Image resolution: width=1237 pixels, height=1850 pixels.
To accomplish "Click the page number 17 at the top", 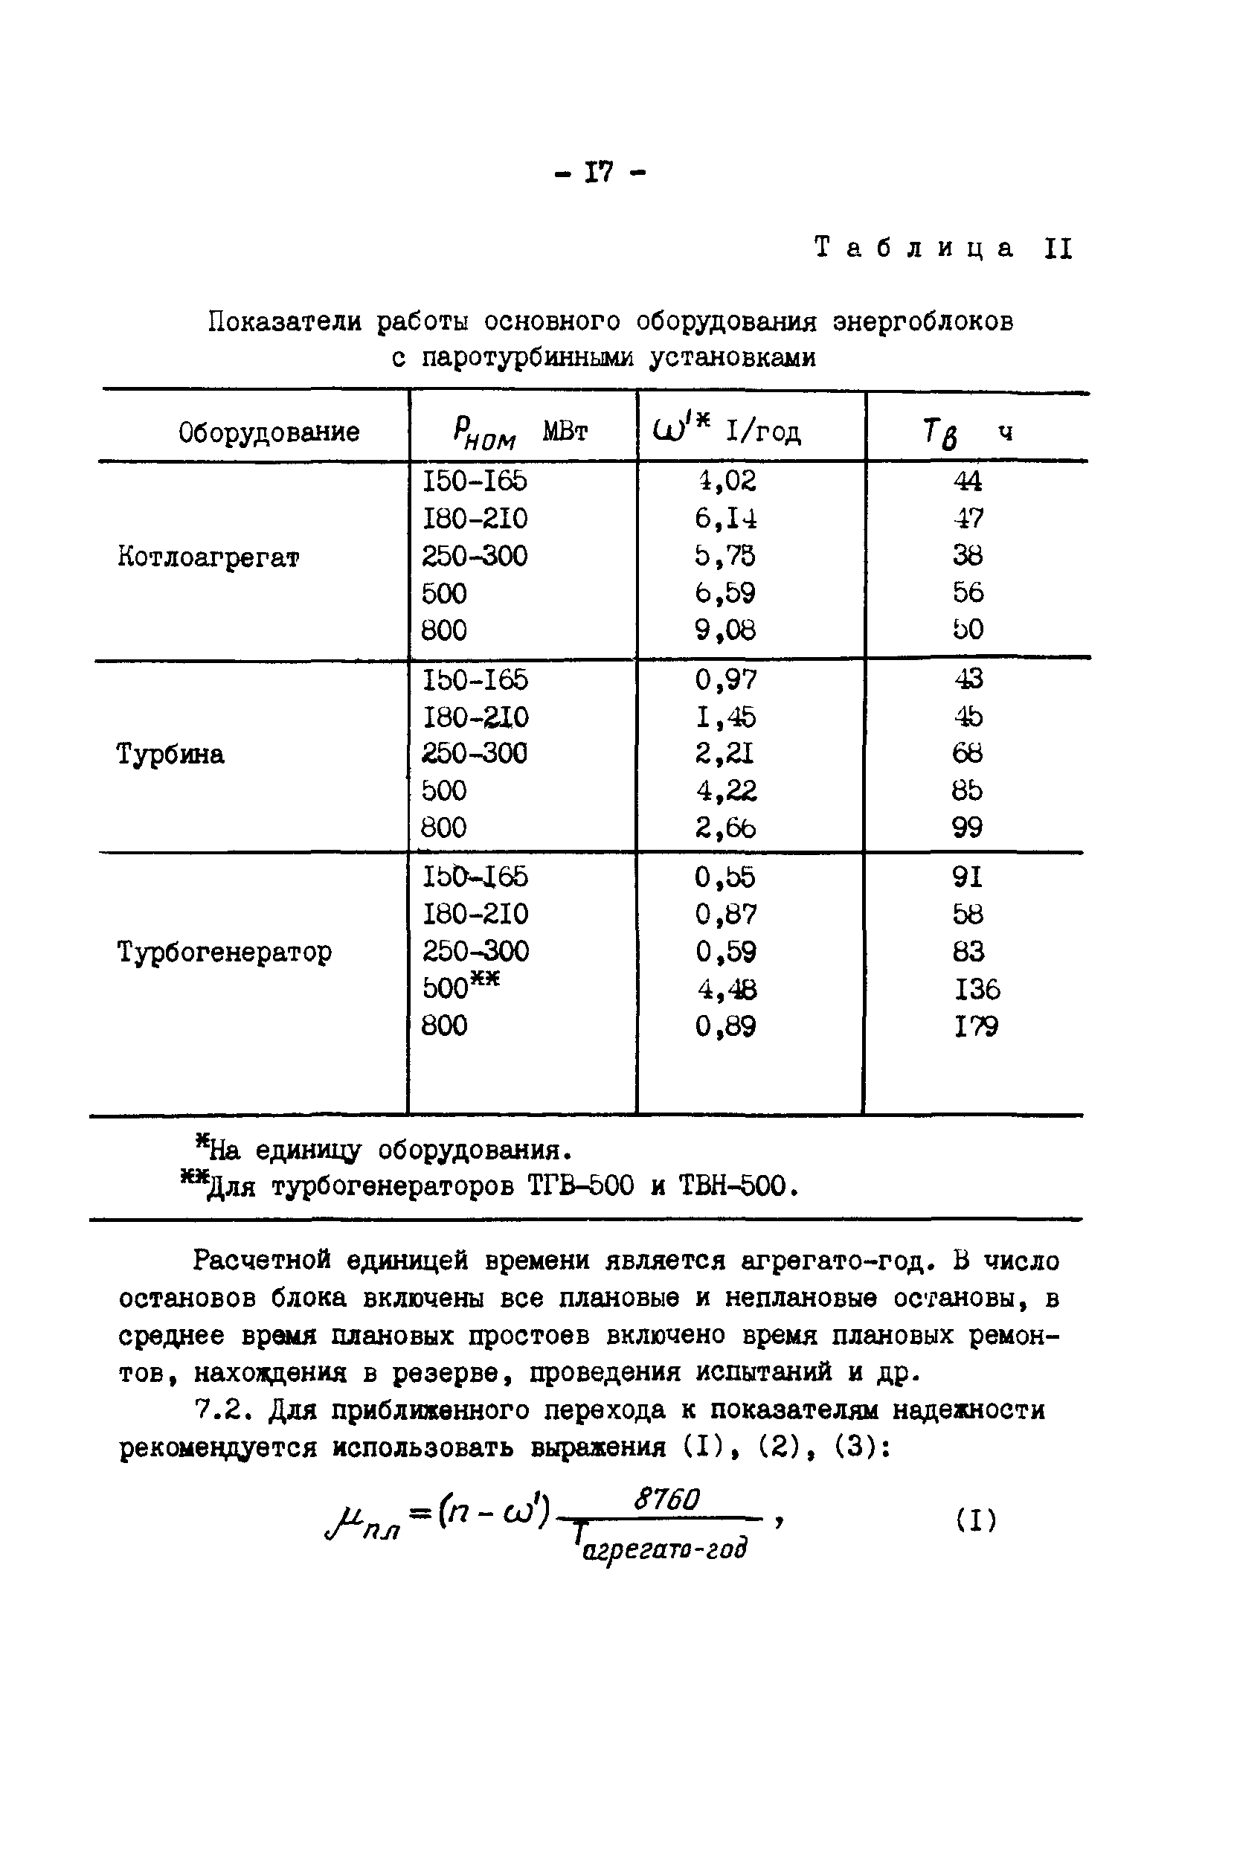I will coord(599,171).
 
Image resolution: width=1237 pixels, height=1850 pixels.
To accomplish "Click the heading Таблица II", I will coord(942,248).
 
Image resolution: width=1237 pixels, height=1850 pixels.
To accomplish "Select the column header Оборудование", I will coord(269,432).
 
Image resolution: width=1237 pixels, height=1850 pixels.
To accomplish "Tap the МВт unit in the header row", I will coord(565,432).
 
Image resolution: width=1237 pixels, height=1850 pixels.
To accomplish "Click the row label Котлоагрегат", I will coord(208,557).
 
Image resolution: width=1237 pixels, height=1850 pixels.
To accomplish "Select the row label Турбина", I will coord(170,754).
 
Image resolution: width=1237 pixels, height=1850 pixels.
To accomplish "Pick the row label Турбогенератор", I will coord(225,951).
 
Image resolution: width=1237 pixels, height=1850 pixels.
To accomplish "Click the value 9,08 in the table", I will coord(725,630).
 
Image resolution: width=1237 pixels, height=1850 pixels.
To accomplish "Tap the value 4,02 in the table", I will coord(725,481).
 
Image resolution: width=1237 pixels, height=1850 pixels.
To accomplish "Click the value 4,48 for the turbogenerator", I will coord(725,988).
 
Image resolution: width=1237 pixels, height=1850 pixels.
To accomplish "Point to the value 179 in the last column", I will coord(976,1026).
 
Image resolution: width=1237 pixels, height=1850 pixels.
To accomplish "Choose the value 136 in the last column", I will coord(977,988).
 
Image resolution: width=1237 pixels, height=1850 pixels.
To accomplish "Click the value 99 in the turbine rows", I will coord(967,827).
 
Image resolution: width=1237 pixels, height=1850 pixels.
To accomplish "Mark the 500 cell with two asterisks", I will coord(460,987).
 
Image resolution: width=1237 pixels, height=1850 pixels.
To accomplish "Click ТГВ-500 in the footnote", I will coord(579,1185).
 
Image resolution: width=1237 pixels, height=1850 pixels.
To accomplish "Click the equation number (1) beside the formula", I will coord(976,1520).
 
